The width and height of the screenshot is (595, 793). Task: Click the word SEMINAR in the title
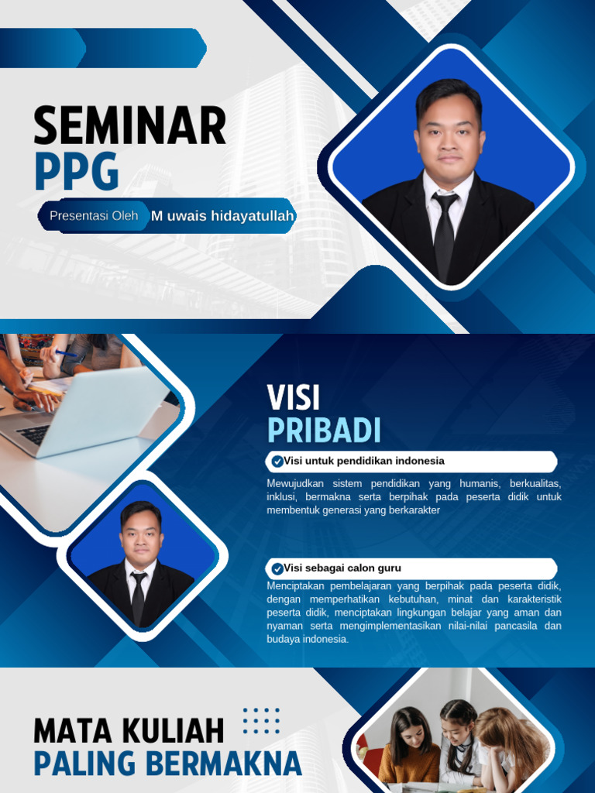(x=130, y=126)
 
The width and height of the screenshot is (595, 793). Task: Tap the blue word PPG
(x=76, y=171)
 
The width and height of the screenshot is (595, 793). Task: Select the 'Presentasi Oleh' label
(x=94, y=216)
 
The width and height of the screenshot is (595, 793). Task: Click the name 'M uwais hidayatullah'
(x=222, y=216)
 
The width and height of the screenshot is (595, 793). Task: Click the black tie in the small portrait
(x=139, y=596)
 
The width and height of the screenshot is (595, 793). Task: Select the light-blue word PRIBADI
(x=324, y=431)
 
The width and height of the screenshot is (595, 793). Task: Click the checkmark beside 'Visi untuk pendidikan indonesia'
(x=277, y=462)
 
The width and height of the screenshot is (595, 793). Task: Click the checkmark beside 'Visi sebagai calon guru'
(x=277, y=568)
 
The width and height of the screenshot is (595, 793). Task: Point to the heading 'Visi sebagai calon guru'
(x=342, y=568)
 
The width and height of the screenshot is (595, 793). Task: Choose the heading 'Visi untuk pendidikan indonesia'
(x=364, y=462)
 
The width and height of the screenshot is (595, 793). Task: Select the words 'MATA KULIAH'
(x=129, y=731)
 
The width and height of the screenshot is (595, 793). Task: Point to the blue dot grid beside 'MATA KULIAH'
(x=261, y=720)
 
